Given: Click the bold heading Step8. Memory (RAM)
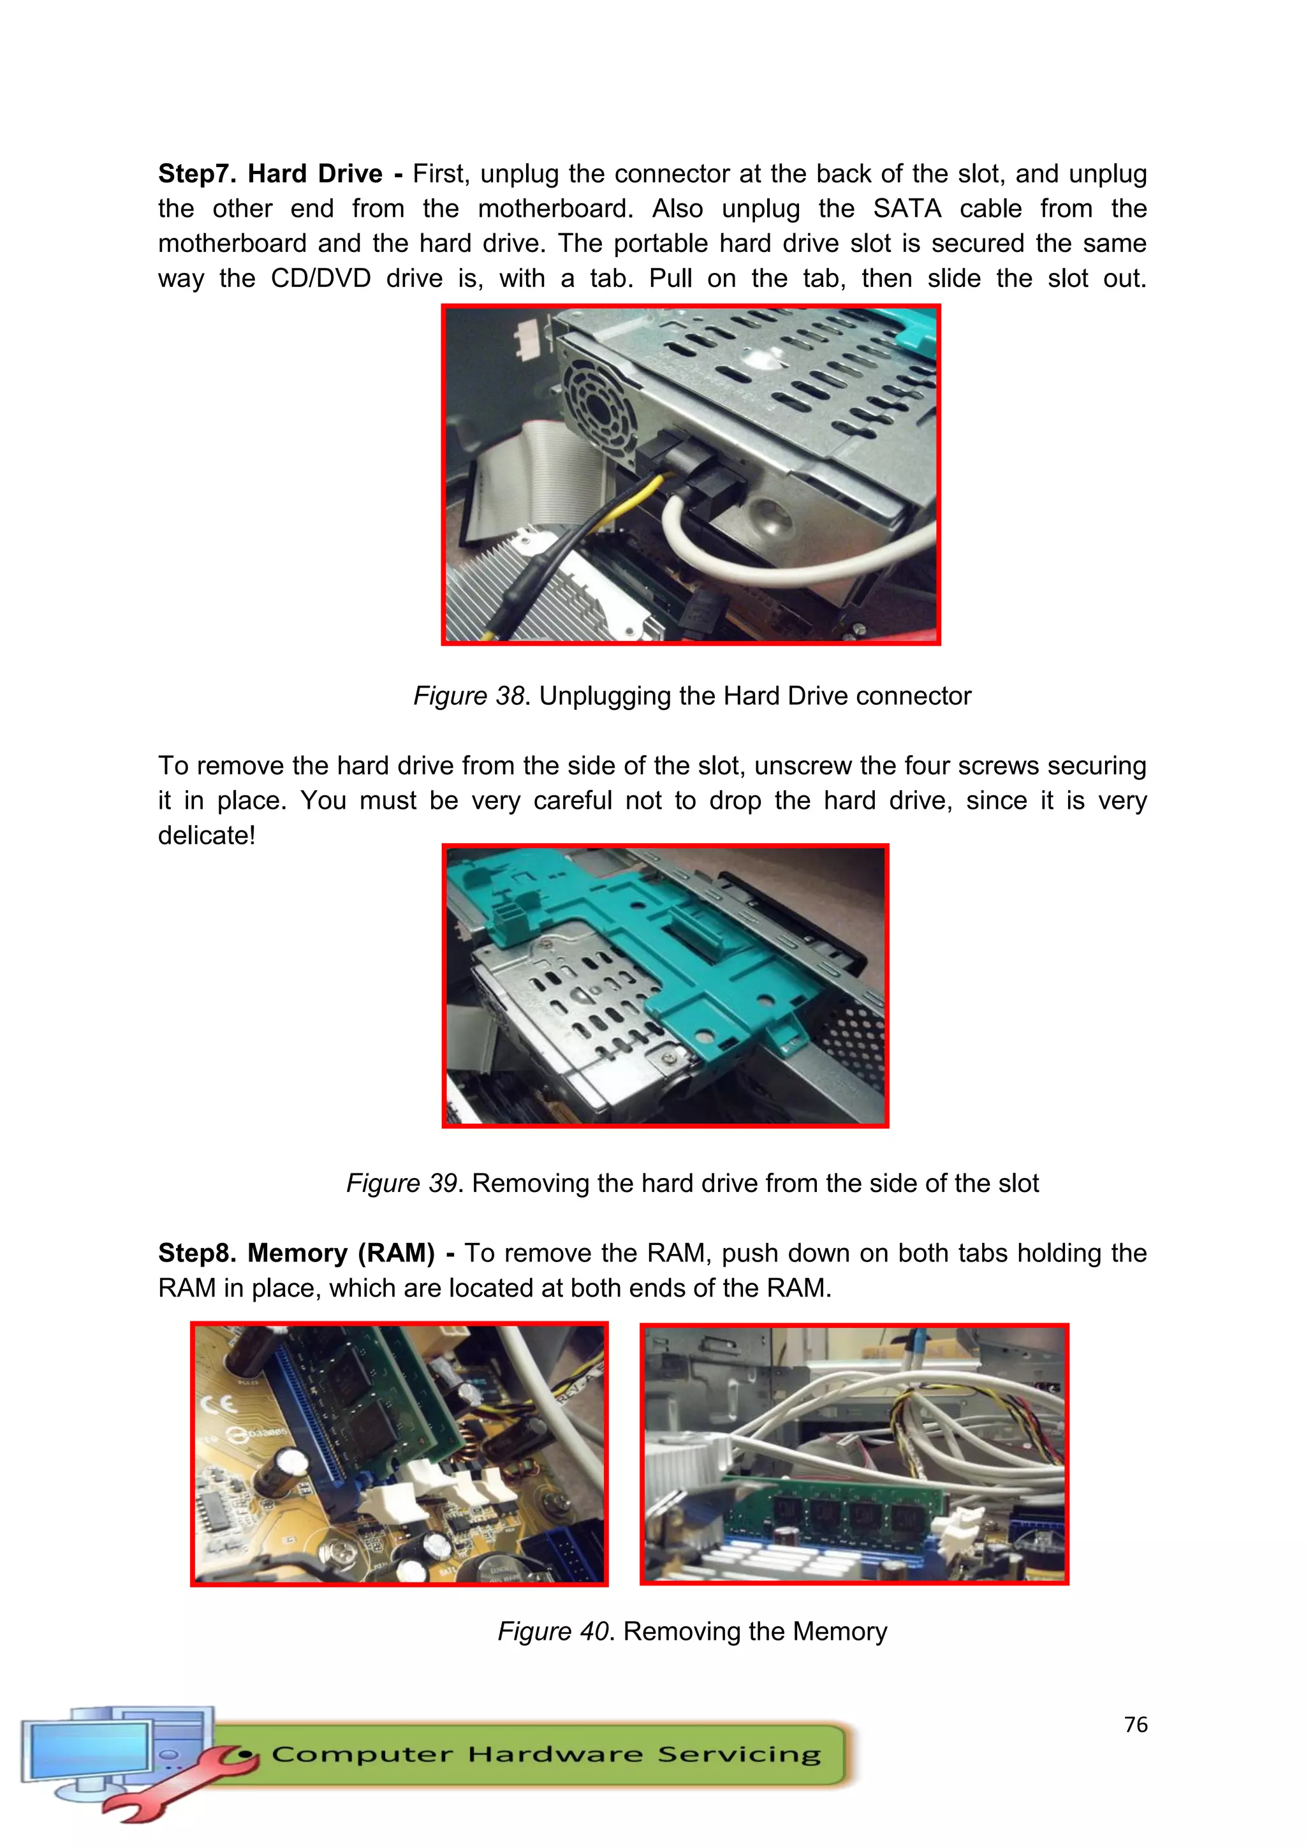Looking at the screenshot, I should click(296, 1253).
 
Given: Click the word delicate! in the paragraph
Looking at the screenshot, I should click(206, 836).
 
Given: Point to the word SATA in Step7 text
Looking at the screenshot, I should click(906, 209).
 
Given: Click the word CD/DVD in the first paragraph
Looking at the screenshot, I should click(320, 278).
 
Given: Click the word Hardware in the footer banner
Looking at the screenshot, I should click(554, 1755).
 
